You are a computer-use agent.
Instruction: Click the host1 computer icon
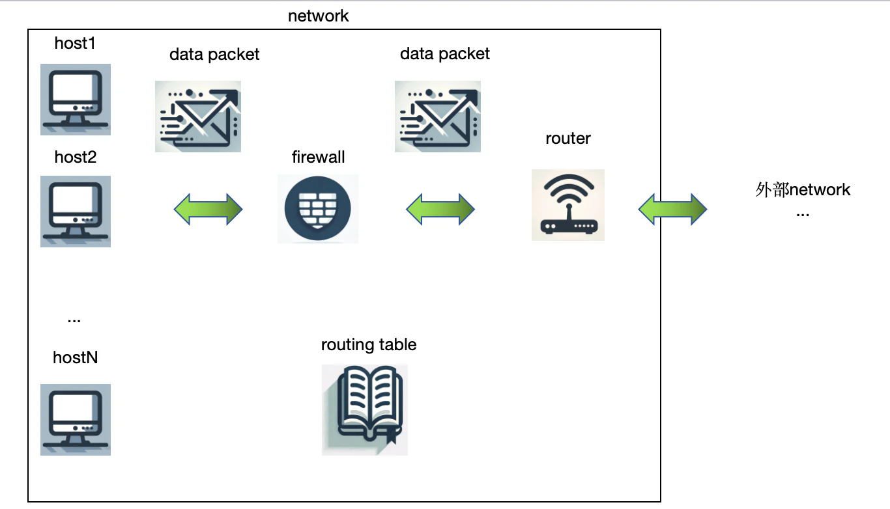coord(76,99)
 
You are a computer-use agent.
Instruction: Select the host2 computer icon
coord(76,212)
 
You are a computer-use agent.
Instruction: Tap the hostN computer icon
coord(76,419)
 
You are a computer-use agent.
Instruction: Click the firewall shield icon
coord(318,208)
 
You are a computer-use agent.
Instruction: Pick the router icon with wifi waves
coord(568,205)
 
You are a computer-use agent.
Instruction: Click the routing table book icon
coord(365,410)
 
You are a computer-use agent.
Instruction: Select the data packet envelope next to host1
coord(198,117)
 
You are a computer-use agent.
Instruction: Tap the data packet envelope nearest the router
coord(437,117)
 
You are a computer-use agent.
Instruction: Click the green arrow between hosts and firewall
coord(208,209)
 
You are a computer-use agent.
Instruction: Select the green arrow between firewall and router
coord(440,209)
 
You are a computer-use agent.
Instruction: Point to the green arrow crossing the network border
coord(672,209)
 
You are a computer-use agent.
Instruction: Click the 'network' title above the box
coord(318,16)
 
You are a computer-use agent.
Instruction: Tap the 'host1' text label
coord(75,43)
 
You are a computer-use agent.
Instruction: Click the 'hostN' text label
coord(75,357)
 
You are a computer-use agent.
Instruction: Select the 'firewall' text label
coord(318,157)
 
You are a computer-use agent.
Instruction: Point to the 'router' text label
coord(568,138)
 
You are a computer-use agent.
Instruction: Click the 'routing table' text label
coord(369,344)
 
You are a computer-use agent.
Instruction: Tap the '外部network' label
coord(803,190)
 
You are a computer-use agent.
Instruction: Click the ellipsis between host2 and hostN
coord(74,320)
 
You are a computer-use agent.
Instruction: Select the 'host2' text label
coord(76,158)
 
